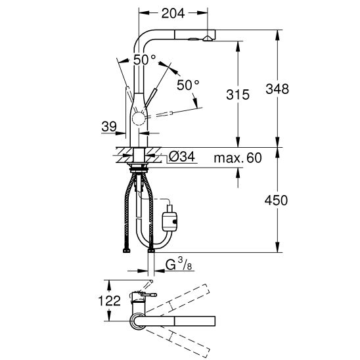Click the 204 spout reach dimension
pyautogui.click(x=173, y=12)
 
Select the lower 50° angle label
pyautogui.click(x=188, y=85)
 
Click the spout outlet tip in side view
pyautogui.click(x=207, y=37)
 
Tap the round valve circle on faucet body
pyautogui.click(x=140, y=119)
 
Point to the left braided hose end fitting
pyautogui.click(x=125, y=248)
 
